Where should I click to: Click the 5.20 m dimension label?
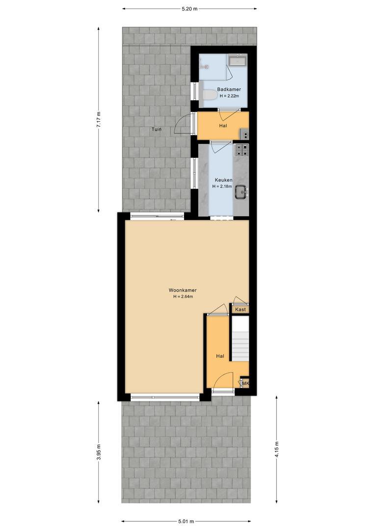point(189,9)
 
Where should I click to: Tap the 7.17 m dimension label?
point(98,119)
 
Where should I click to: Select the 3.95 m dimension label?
point(98,452)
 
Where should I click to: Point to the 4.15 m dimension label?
point(277,449)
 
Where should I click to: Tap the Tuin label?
point(157,129)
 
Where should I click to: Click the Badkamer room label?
point(229,89)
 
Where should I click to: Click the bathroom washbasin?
point(238,61)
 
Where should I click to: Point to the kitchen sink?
point(241,193)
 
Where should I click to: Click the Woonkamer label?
point(183,290)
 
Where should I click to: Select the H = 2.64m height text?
point(183,296)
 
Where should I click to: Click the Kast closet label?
point(241,309)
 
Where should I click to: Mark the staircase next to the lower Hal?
point(240,338)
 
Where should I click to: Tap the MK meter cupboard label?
point(245,383)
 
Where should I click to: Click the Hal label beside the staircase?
point(220,356)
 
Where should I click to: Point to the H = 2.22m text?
point(229,96)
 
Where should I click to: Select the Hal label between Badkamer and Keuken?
point(223,126)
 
